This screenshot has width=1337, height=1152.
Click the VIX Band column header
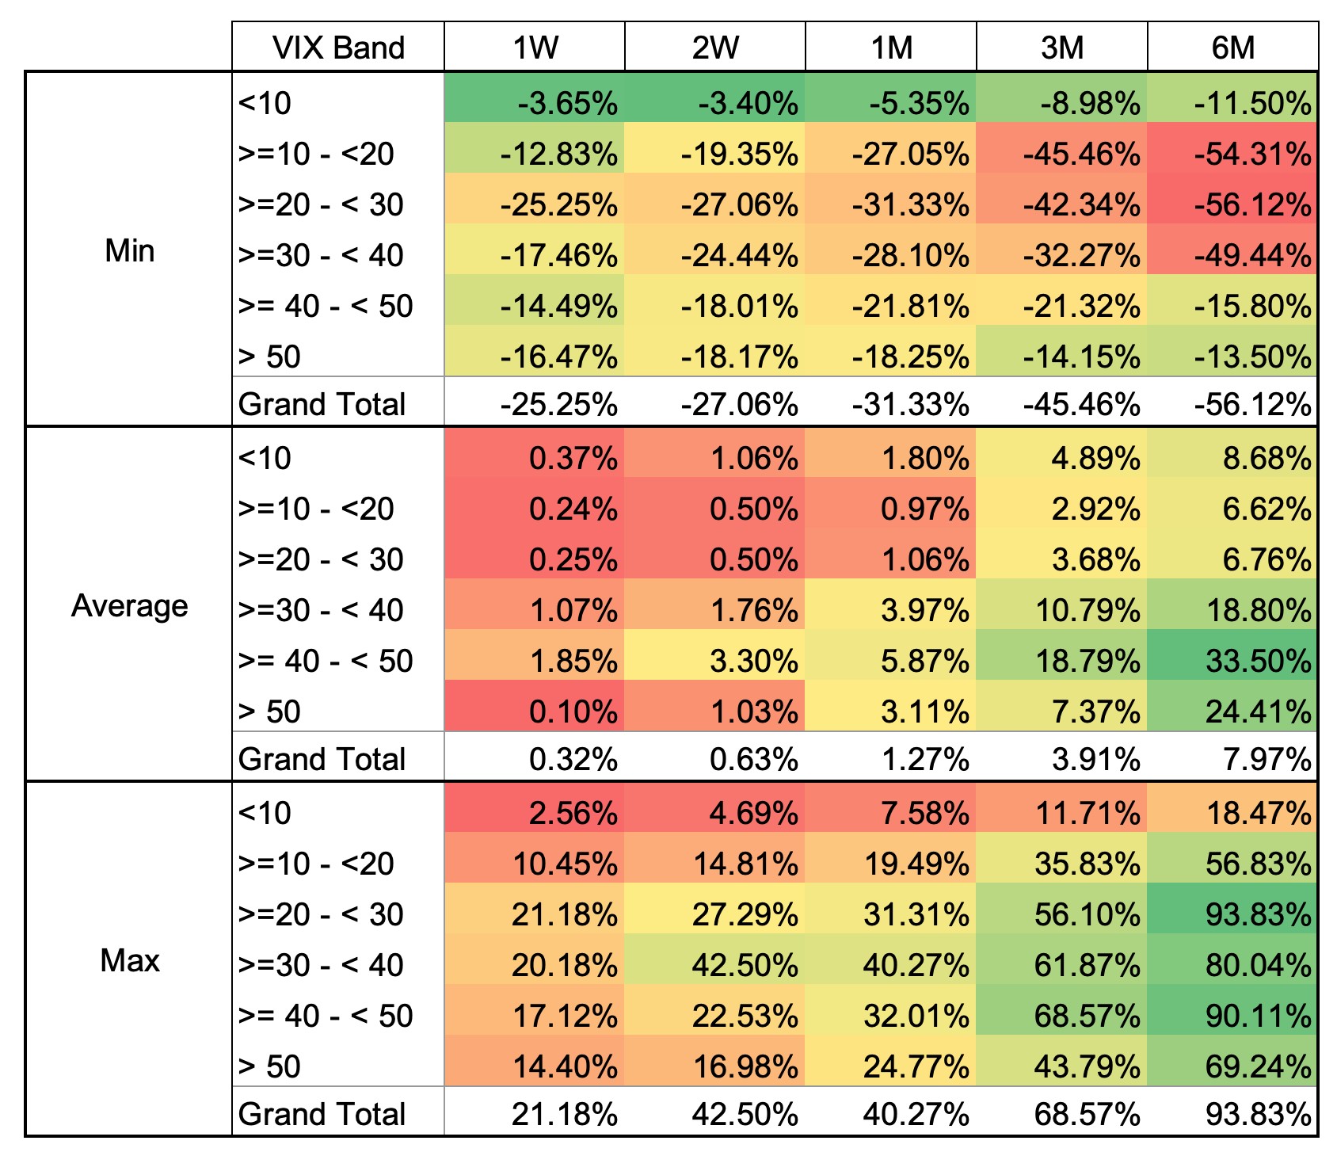click(x=338, y=48)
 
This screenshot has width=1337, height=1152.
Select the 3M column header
click(x=1061, y=48)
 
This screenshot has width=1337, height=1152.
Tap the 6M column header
click(x=1232, y=48)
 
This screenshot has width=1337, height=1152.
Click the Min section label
click(x=129, y=250)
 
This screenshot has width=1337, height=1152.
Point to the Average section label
click(x=129, y=605)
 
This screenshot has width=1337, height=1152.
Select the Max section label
click(x=129, y=960)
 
